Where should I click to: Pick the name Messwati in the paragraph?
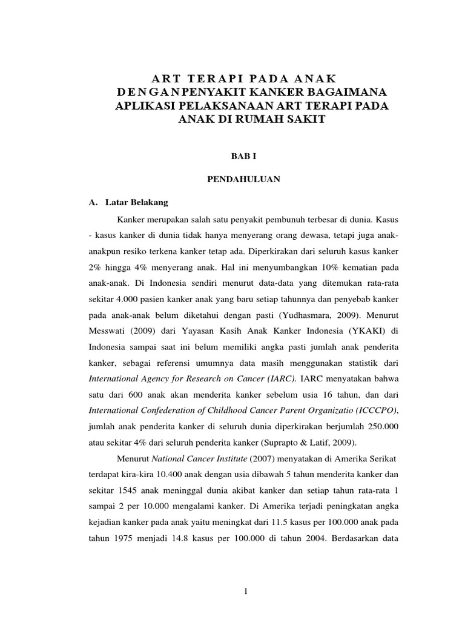point(108,331)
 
